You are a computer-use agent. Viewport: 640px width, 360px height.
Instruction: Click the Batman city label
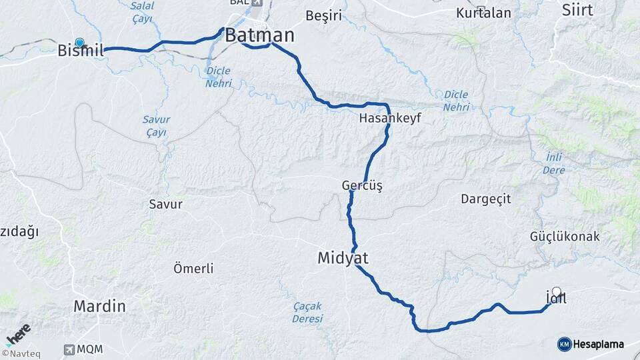[x=259, y=35]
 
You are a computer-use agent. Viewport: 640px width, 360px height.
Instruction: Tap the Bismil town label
[x=81, y=50]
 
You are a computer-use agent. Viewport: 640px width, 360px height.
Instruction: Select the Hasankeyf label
[x=390, y=117]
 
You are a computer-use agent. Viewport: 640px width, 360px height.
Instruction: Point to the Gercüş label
[x=361, y=185]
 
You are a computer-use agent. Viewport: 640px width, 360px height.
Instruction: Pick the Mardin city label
[x=99, y=307]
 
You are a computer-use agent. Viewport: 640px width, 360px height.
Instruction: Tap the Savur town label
[x=165, y=204]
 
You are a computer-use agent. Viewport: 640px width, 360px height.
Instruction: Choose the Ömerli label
[x=193, y=269]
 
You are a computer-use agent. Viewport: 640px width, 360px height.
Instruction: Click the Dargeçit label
[x=485, y=199]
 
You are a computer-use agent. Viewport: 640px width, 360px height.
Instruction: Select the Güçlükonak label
[x=565, y=236]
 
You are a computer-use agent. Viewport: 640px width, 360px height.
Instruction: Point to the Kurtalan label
[x=483, y=13]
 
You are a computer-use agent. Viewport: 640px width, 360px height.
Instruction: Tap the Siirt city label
[x=577, y=9]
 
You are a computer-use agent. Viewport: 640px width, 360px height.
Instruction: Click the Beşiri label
[x=323, y=14]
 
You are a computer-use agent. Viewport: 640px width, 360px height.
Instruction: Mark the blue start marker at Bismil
[x=80, y=42]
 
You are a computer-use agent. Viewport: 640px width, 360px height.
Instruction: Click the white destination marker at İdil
[x=557, y=291]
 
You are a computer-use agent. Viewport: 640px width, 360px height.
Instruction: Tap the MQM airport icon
[x=69, y=349]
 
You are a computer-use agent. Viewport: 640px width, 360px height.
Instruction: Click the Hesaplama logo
[x=591, y=344]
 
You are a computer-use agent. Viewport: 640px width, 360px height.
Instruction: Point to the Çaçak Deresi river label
[x=307, y=312]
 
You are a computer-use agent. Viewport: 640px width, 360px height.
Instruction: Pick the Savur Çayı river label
[x=156, y=126]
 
